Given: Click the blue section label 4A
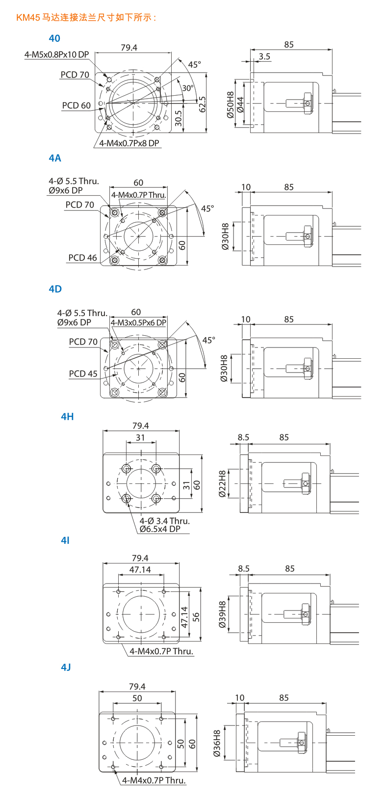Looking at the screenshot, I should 55,158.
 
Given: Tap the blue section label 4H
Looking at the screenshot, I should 67,417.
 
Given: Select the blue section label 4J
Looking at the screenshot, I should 66,667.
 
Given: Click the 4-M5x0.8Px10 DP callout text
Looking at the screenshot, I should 56,54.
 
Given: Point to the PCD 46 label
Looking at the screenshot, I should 82,258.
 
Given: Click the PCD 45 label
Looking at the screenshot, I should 83,374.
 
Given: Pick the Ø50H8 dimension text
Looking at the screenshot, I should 230,105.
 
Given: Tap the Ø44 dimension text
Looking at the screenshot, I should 240,105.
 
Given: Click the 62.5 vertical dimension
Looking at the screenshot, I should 203,104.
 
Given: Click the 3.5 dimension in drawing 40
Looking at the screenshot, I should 264,56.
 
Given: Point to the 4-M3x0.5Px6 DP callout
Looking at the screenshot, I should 138,322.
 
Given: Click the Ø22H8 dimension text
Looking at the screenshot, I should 222,484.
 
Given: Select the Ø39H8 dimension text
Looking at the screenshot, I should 222,615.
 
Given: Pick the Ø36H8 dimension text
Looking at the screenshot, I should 217,743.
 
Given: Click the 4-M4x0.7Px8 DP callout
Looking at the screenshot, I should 129,143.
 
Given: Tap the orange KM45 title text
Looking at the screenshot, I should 86,18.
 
